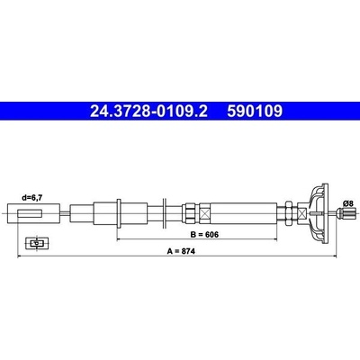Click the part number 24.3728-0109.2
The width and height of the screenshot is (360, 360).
coord(148,111)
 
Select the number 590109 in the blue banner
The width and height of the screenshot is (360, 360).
coord(255,111)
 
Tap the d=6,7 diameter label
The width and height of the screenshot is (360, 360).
coord(32,197)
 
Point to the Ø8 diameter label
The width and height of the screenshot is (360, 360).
coord(348,203)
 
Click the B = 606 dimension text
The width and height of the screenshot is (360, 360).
coord(204,234)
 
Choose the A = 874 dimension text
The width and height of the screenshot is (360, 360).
coord(181,251)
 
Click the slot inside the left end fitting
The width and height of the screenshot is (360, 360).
coord(30,213)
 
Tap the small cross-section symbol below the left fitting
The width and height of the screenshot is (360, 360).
coord(37,244)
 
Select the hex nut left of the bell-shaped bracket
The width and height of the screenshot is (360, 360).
coord(288,213)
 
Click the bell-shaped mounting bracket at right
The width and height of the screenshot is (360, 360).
coord(318,213)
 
